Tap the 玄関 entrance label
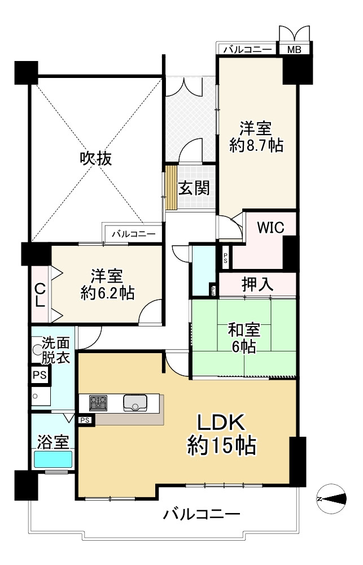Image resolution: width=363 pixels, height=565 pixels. point(194,188)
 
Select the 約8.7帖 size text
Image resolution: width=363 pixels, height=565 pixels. point(256,145)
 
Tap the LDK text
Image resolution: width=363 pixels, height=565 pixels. point(220,423)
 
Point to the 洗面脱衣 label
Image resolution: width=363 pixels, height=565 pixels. point(56,350)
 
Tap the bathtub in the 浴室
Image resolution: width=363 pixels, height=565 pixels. point(53,459)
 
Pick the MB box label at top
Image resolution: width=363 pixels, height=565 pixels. point(294,49)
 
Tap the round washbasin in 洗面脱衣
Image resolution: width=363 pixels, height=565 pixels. point(38,350)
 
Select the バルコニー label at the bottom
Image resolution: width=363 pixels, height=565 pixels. point(202,515)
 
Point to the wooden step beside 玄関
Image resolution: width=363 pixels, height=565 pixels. point(170,188)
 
